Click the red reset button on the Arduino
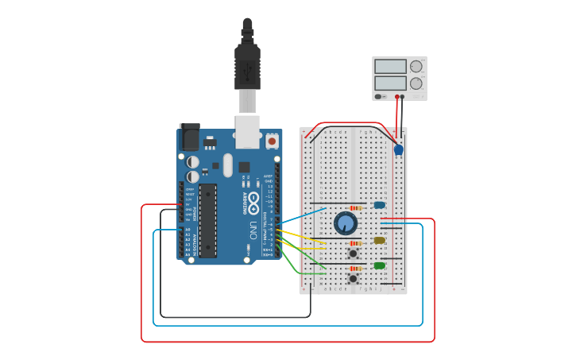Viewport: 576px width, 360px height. coord(272,141)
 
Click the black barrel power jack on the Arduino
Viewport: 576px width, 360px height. coord(190,138)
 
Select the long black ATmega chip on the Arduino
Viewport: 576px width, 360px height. coord(207,220)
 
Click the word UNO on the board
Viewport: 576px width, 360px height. coord(253,230)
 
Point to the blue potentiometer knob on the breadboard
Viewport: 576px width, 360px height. coord(346,223)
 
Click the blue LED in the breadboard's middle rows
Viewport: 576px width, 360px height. coord(379,205)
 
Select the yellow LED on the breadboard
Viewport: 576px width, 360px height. coord(379,240)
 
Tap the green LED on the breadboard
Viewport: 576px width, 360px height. coord(379,265)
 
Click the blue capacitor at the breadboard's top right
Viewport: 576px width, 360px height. coord(399,149)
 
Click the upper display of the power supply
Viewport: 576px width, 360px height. coord(390,67)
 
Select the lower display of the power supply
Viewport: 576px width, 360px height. coord(390,83)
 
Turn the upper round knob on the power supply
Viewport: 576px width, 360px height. coord(416,67)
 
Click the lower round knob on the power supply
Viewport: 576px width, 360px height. coord(416,83)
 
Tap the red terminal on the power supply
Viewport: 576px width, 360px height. coord(396,97)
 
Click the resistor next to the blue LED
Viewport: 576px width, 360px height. coord(355,208)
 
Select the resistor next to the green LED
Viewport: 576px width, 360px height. coord(354,269)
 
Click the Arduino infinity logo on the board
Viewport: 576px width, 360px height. coord(253,199)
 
